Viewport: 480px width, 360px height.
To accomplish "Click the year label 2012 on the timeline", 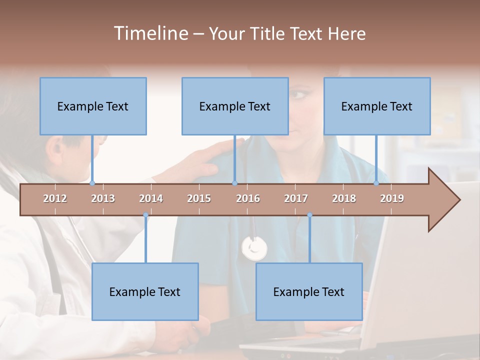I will (x=55, y=198).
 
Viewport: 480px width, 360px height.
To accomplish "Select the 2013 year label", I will (x=103, y=198).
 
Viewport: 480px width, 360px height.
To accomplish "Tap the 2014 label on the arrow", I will (x=151, y=198).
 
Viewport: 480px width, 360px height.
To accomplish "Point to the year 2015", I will (x=199, y=198).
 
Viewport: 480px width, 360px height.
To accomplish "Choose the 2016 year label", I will (x=248, y=198).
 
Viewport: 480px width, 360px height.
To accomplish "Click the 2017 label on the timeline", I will (x=296, y=198).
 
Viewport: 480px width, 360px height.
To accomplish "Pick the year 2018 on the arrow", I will (x=344, y=198).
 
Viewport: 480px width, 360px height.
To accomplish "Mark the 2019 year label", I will (x=392, y=198).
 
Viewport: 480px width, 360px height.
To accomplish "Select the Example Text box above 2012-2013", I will (x=93, y=106).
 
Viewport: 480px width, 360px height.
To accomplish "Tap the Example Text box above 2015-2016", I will (x=235, y=106).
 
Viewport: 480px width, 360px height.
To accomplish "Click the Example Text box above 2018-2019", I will (x=377, y=106).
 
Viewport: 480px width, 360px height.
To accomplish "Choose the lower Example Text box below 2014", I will (x=145, y=291).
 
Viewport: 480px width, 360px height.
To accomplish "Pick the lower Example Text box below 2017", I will (x=309, y=291).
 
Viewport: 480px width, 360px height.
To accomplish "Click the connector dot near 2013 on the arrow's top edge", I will (x=92, y=183).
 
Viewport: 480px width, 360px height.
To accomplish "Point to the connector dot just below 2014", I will (x=145, y=215).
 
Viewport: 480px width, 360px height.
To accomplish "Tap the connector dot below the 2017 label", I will (x=309, y=215).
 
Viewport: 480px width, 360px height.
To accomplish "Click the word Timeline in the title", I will (x=150, y=33).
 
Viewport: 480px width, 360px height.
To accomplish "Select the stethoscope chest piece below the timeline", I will (x=254, y=248).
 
